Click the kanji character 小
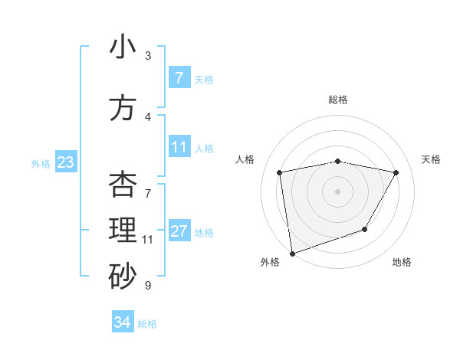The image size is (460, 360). click(x=123, y=47)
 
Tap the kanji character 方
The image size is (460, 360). click(x=123, y=108)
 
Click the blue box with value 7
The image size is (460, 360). click(x=179, y=77)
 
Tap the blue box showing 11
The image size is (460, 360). click(x=179, y=147)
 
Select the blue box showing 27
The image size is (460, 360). click(x=179, y=231)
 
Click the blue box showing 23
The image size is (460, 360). click(x=65, y=162)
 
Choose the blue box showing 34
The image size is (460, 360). click(x=122, y=322)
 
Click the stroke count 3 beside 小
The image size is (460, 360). click(x=148, y=56)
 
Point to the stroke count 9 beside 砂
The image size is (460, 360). click(x=147, y=286)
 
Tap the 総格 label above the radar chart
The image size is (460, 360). click(x=338, y=100)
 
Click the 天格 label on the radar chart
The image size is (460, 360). click(x=432, y=159)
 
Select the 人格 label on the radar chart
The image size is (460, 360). click(x=245, y=159)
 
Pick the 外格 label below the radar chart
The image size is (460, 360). click(x=270, y=262)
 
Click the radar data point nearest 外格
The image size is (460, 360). click(x=292, y=253)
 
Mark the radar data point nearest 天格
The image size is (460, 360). click(x=396, y=172)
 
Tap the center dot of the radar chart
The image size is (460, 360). click(x=338, y=191)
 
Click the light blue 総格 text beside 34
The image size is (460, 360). click(x=147, y=324)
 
